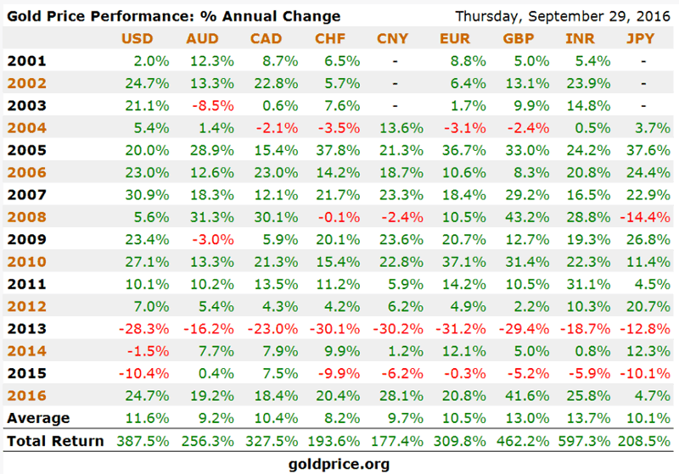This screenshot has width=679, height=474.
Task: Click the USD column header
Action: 137,39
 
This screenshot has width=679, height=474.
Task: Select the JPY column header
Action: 640,39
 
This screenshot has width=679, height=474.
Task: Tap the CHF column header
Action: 329,39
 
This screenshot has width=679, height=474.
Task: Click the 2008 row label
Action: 25,217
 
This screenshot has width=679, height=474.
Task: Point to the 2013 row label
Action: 25,329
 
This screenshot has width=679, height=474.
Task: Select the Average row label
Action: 38,418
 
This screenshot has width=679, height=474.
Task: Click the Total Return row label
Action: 54,441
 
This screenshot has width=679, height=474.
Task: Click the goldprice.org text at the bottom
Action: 339,464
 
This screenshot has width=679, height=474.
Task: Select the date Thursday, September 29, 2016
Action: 562,16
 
